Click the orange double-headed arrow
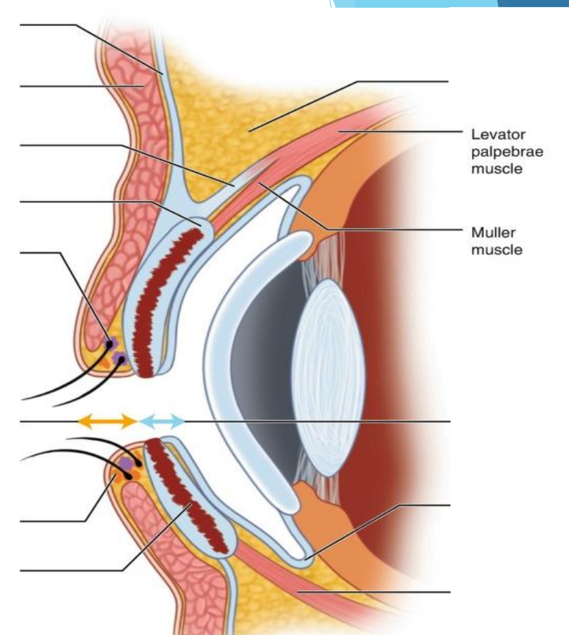(106, 421)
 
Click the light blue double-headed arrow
(162, 421)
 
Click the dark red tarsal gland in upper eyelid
(165, 295)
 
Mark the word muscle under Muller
(497, 249)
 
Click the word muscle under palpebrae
(497, 169)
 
